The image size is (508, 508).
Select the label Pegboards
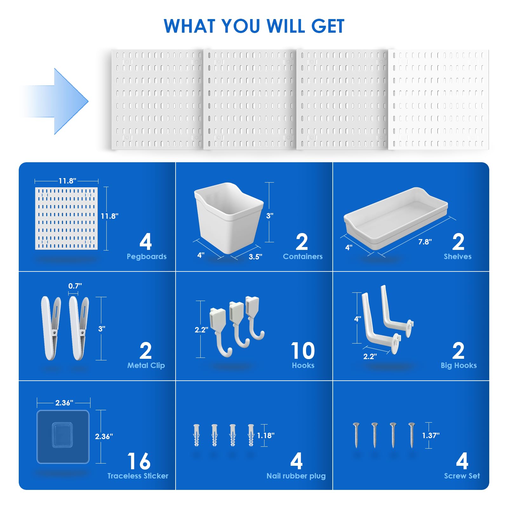147,257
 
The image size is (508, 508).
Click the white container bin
229,217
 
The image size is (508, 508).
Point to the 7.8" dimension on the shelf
425,242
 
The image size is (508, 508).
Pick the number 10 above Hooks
303,351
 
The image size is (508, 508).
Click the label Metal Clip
146,365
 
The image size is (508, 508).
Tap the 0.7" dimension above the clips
75,286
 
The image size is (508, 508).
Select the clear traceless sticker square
63,437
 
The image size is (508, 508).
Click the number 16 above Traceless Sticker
139,461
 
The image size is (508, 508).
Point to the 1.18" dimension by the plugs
266,436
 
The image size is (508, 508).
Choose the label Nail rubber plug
296,476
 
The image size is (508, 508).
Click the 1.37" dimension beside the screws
431,436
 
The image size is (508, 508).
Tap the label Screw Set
462,476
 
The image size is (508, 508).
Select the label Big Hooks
459,365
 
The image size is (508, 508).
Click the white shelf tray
396,217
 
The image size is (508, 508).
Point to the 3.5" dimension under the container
255,257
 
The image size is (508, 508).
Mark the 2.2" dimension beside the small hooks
202,330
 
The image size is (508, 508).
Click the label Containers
303,257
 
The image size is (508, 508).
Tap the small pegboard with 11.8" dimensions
66,218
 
